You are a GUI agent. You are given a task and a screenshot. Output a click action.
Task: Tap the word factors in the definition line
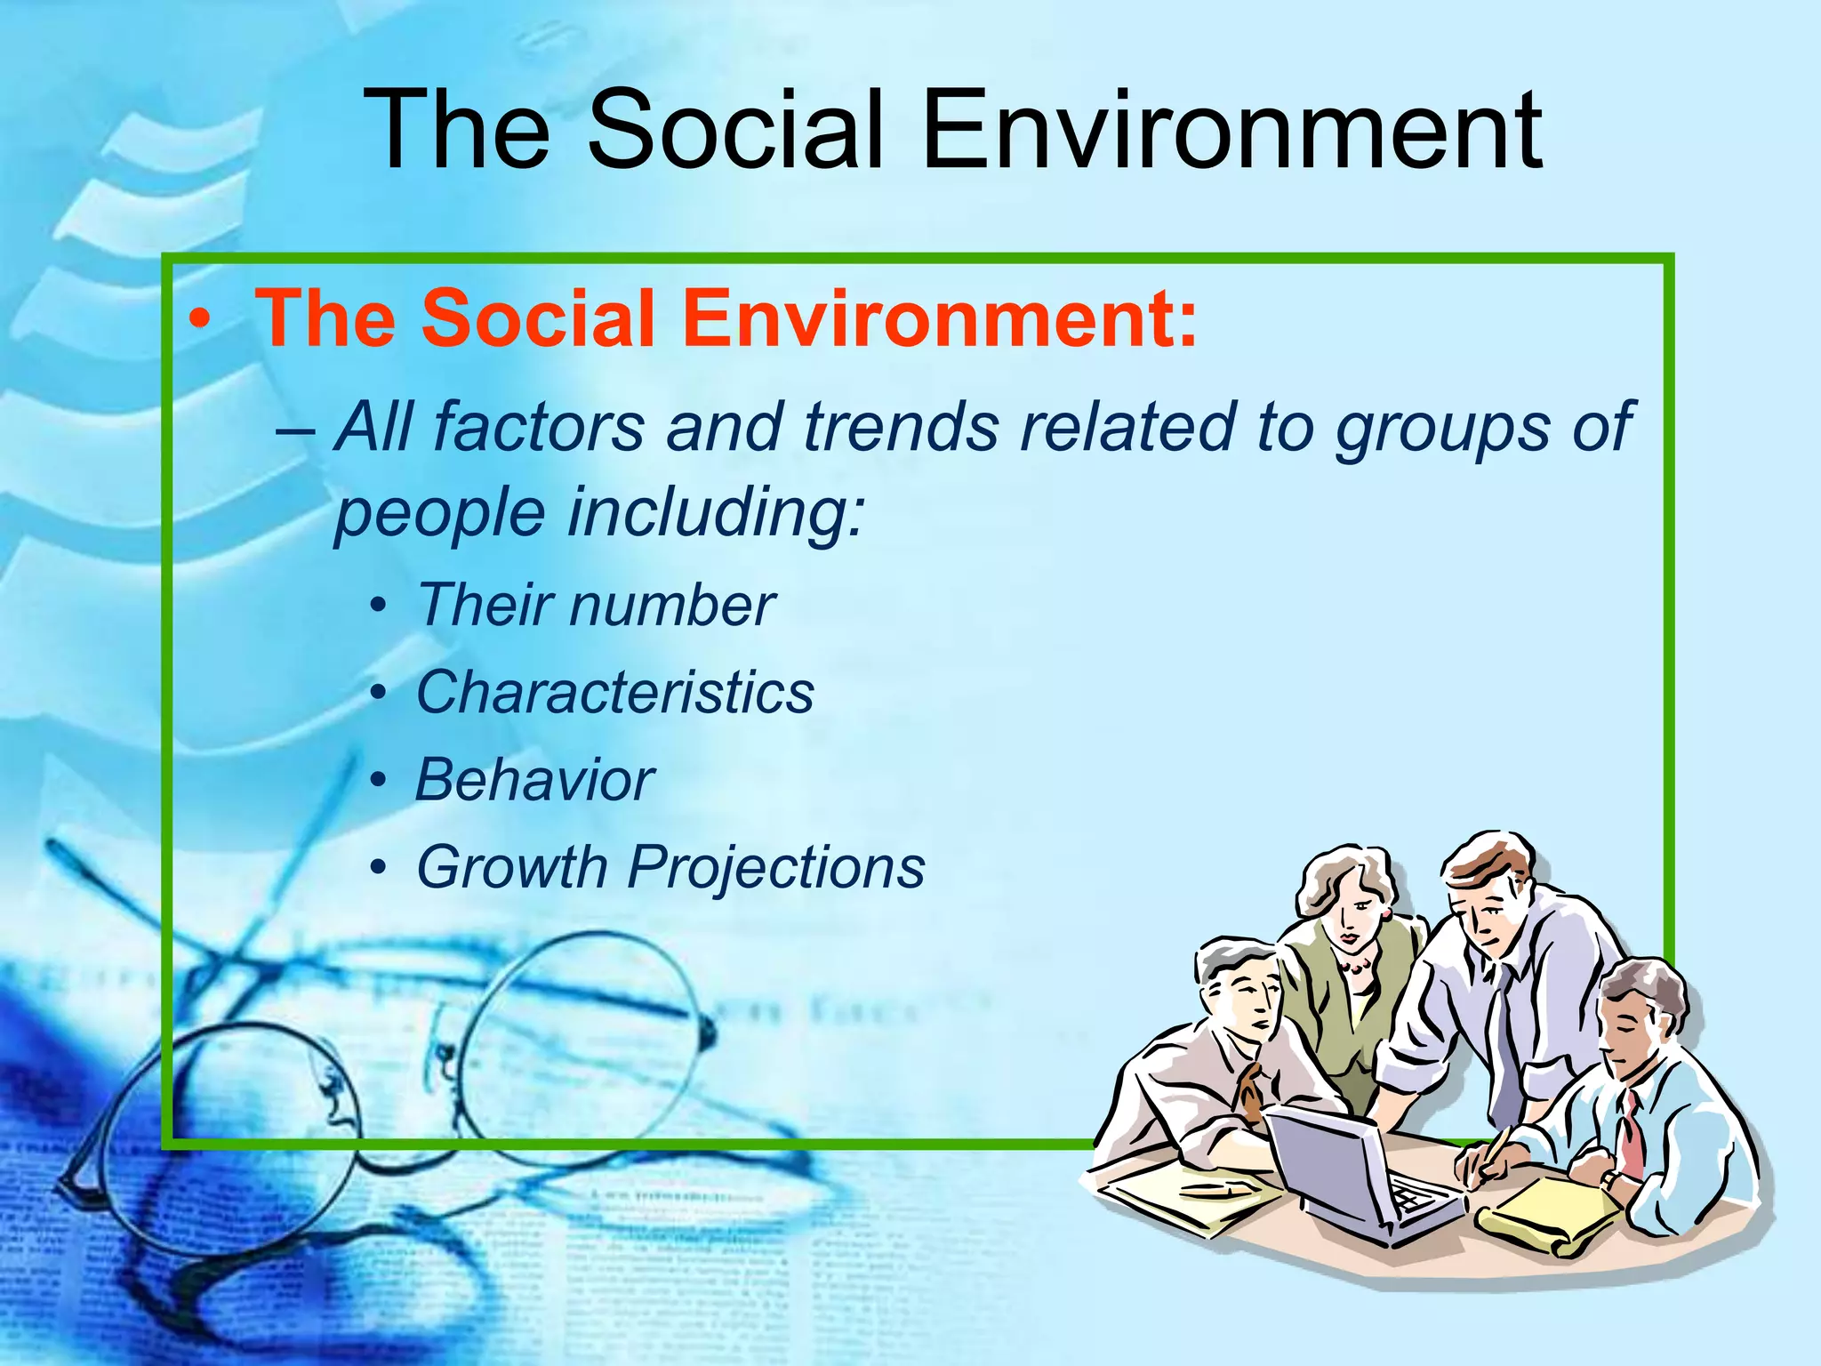pyautogui.click(x=539, y=427)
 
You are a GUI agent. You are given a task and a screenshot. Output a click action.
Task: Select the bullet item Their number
pyautogui.click(x=596, y=606)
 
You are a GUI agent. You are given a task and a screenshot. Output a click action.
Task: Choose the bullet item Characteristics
pyautogui.click(x=614, y=693)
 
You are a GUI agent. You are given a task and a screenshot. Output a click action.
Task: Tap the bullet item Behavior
pyautogui.click(x=534, y=780)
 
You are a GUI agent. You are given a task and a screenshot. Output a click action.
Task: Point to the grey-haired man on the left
pyautogui.click(x=1236, y=1023)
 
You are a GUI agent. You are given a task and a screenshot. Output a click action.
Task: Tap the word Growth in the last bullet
pyautogui.click(x=511, y=867)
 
